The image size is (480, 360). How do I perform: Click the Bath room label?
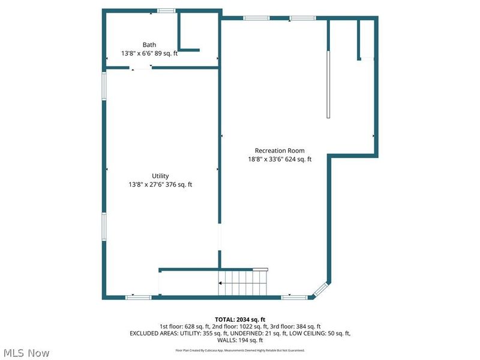[149, 45]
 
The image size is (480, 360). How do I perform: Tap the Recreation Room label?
[280, 151]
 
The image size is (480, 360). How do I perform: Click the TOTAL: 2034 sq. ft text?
[240, 319]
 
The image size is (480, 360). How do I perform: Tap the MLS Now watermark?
[27, 353]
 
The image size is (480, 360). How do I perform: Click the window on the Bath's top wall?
[166, 10]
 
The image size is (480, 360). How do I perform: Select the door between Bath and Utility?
[142, 68]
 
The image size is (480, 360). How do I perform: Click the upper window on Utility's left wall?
[104, 86]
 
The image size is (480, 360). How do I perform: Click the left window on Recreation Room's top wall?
[256, 19]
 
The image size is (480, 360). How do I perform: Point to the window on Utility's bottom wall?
[138, 296]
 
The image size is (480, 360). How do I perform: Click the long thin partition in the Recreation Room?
[328, 85]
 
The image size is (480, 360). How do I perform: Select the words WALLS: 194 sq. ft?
[240, 340]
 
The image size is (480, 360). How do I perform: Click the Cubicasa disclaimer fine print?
[240, 350]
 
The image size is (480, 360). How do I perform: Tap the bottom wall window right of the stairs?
[295, 296]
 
